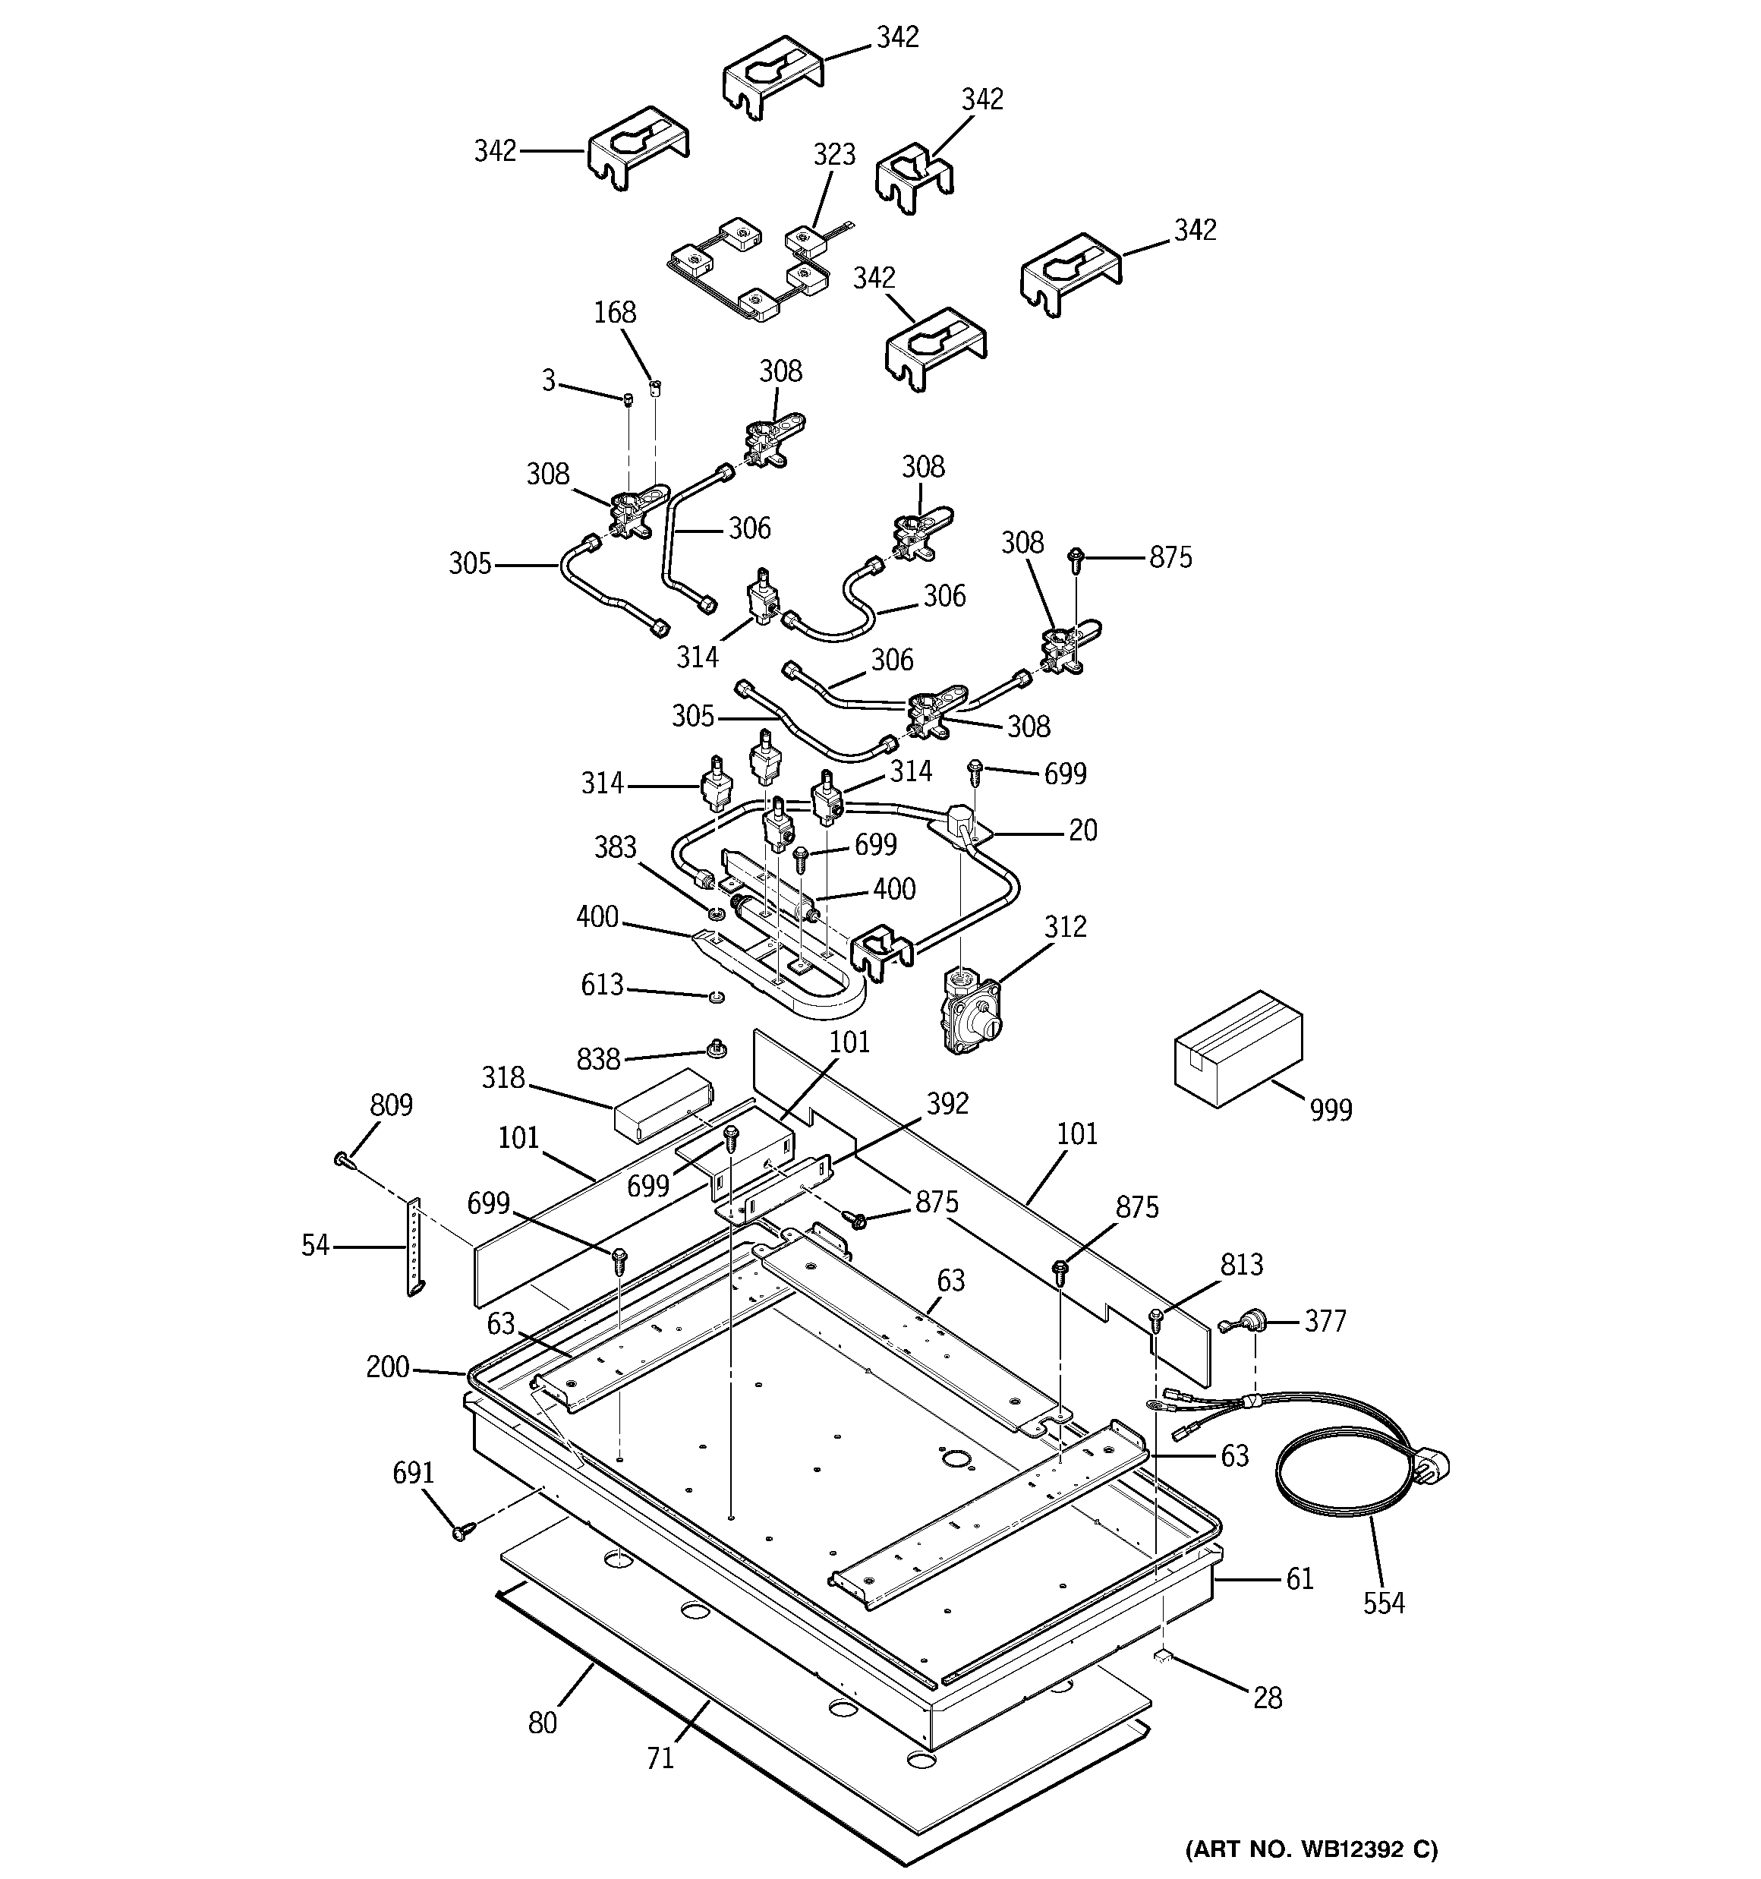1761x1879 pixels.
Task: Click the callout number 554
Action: (x=1383, y=1602)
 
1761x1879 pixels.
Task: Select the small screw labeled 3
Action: (x=628, y=401)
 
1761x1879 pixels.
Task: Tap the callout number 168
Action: (x=614, y=312)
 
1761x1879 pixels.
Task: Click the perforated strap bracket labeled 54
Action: (x=414, y=1247)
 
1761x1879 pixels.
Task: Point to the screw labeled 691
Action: (x=462, y=1531)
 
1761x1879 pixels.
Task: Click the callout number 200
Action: (x=388, y=1367)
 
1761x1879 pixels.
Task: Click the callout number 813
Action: (x=1241, y=1264)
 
